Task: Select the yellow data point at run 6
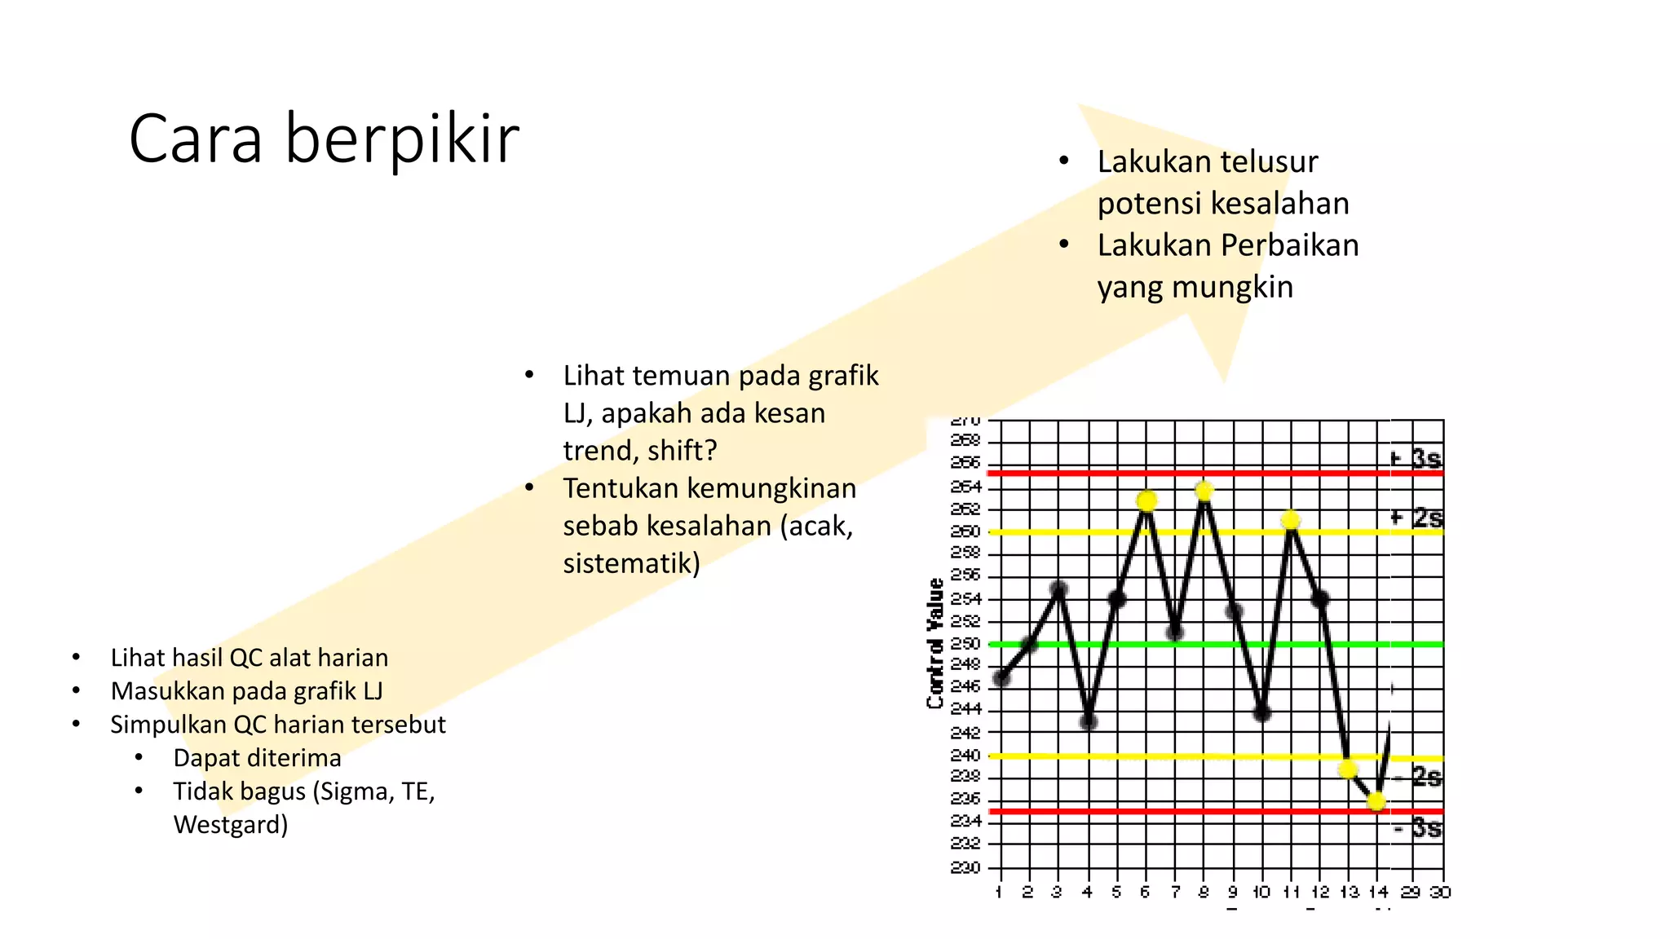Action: [1146, 500]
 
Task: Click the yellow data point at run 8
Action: [1204, 491]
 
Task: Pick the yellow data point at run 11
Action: [1291, 520]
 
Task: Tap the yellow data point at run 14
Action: [1377, 802]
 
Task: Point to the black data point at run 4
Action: [1089, 721]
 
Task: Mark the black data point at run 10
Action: [1262, 713]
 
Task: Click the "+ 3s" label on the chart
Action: [1416, 457]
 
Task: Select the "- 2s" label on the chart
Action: [1418, 777]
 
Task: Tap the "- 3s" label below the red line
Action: [1418, 829]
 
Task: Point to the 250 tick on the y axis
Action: [965, 644]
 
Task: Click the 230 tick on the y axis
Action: [965, 867]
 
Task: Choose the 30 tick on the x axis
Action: [1440, 892]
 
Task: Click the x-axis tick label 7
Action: [1175, 892]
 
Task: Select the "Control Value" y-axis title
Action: [935, 643]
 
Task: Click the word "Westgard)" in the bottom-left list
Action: [231, 825]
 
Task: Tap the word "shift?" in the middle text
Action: [682, 451]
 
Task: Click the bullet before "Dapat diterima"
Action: [139, 758]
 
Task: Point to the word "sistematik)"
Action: [631, 563]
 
